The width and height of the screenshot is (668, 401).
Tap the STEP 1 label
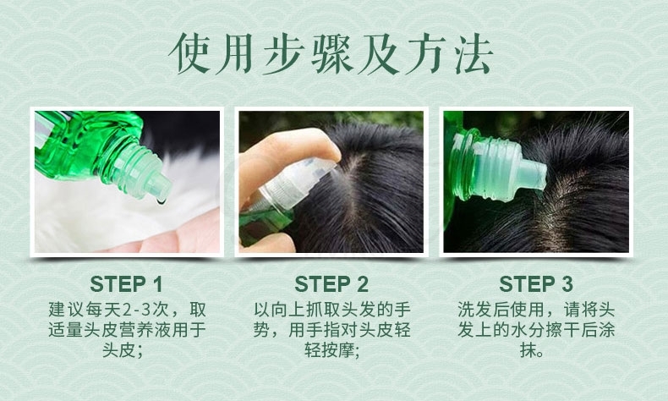[126, 283]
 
